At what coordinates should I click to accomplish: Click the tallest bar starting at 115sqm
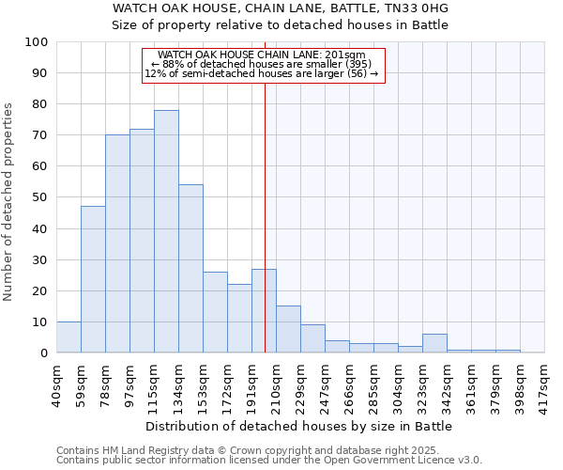pos(166,231)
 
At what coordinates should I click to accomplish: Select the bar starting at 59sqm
pos(93,279)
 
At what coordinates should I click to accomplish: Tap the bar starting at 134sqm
pos(190,268)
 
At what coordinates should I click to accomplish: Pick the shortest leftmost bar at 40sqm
pos(68,337)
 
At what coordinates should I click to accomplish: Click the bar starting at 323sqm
pos(434,343)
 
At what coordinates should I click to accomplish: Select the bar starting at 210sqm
pos(288,329)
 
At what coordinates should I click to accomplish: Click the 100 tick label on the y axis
pos(37,42)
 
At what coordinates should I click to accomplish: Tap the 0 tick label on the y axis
pos(44,352)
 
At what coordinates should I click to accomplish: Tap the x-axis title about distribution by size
pos(300,426)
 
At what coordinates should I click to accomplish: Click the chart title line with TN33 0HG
pos(281,8)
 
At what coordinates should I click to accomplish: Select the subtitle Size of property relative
pos(281,24)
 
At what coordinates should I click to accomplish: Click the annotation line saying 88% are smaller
pos(263,64)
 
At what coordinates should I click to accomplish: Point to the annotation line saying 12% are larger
pos(262,73)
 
